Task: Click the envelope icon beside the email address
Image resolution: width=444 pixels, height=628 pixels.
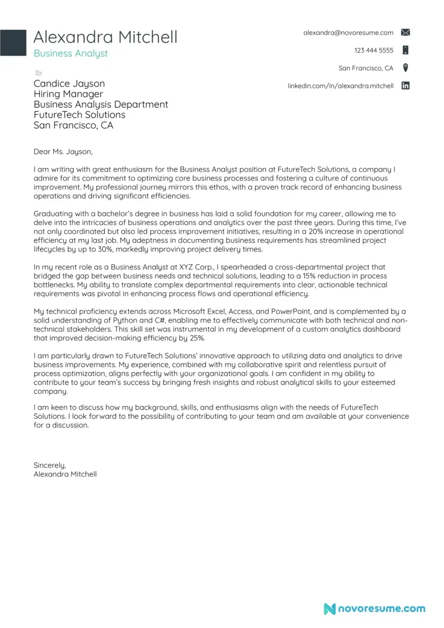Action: click(x=405, y=32)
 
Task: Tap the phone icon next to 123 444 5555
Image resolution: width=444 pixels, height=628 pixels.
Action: click(x=405, y=50)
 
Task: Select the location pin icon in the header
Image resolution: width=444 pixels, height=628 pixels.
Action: click(x=405, y=68)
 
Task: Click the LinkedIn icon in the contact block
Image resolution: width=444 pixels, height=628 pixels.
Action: click(x=405, y=85)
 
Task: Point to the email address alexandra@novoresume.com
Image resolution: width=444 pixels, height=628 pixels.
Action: click(x=348, y=33)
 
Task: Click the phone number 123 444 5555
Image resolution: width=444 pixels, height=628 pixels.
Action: click(x=374, y=51)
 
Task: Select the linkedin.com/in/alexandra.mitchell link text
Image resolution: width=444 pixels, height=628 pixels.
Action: click(x=340, y=86)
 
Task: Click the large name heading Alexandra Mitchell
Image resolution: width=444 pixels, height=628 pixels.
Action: click(x=105, y=37)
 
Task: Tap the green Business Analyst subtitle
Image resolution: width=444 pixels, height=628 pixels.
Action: click(x=71, y=53)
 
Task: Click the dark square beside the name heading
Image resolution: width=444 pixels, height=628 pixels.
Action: click(x=13, y=42)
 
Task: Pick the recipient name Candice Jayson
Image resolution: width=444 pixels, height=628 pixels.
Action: click(x=69, y=84)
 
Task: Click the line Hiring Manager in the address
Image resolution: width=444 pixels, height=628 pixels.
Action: click(x=68, y=94)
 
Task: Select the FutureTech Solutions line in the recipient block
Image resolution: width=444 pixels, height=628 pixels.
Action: click(x=79, y=115)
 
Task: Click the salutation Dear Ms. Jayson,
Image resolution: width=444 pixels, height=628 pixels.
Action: click(x=63, y=152)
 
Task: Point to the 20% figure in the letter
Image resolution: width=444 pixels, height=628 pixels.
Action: click(x=316, y=231)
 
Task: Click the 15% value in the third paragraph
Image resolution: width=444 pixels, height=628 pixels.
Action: click(x=309, y=276)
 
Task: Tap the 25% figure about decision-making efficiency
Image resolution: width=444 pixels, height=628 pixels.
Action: click(x=197, y=338)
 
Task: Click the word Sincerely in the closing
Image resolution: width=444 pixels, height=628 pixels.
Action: click(x=49, y=465)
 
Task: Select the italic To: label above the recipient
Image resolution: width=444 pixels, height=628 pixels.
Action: click(x=38, y=73)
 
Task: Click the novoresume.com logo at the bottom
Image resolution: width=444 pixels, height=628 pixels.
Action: click(x=375, y=609)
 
